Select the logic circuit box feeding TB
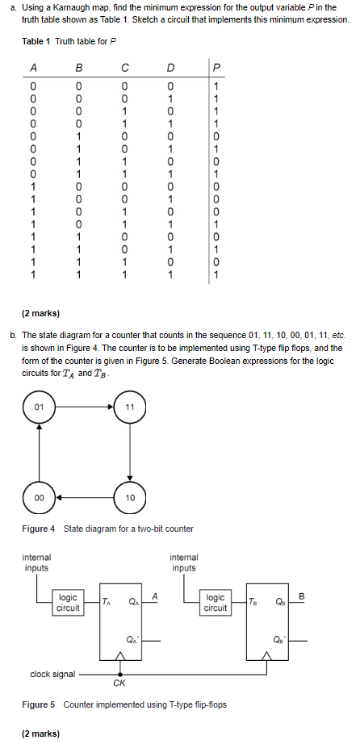point(216,603)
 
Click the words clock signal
point(52,673)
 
